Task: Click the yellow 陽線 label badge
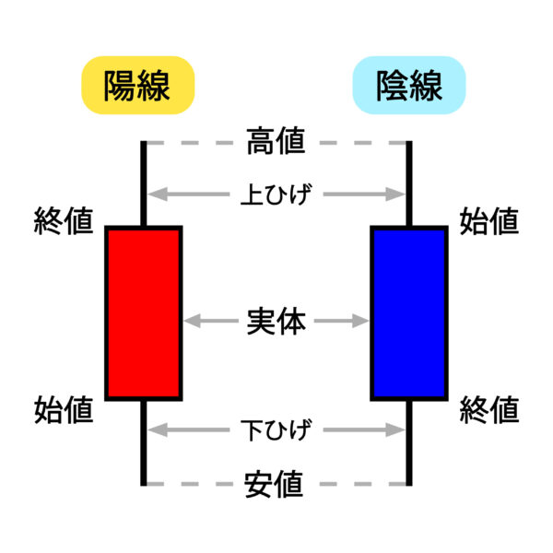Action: pyautogui.click(x=137, y=86)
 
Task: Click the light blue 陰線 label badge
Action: pyautogui.click(x=409, y=86)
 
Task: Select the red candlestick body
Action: pyautogui.click(x=144, y=312)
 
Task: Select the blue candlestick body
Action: pyautogui.click(x=408, y=312)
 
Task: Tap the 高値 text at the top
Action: pyautogui.click(x=276, y=143)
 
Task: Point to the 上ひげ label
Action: pyautogui.click(x=276, y=194)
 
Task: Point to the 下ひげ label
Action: pyautogui.click(x=276, y=429)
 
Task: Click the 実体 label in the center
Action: pyautogui.click(x=276, y=322)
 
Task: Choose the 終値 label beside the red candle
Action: pyautogui.click(x=64, y=221)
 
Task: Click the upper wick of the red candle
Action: pyautogui.click(x=144, y=184)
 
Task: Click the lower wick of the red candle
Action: pyautogui.click(x=144, y=442)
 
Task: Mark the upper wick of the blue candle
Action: pyautogui.click(x=408, y=184)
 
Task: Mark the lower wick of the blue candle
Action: pyautogui.click(x=408, y=442)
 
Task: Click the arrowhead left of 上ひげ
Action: pyautogui.click(x=157, y=194)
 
